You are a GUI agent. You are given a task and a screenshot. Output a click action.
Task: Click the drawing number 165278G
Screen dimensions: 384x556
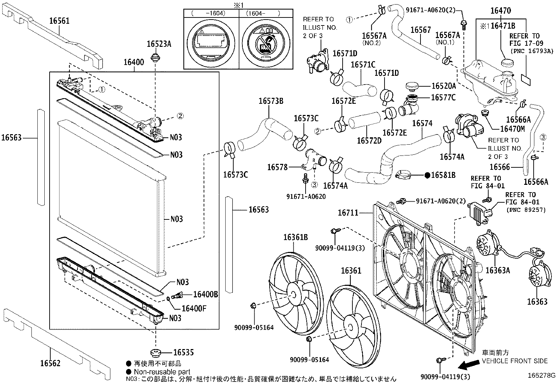point(541,376)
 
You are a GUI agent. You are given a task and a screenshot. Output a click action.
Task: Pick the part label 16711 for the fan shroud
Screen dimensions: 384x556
point(348,212)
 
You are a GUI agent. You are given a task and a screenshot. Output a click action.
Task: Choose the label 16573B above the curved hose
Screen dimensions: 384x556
point(271,102)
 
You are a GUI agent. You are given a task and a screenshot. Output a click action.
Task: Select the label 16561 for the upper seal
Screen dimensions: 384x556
point(59,21)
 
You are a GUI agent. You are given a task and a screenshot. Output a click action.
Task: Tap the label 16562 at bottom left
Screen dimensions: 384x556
point(50,363)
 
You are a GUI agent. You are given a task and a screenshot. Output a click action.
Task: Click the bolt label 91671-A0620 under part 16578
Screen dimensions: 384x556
point(306,197)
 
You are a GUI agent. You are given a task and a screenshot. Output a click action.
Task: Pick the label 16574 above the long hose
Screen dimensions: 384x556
point(422,123)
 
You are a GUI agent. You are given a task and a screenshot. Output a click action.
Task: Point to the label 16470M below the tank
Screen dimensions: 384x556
point(512,129)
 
